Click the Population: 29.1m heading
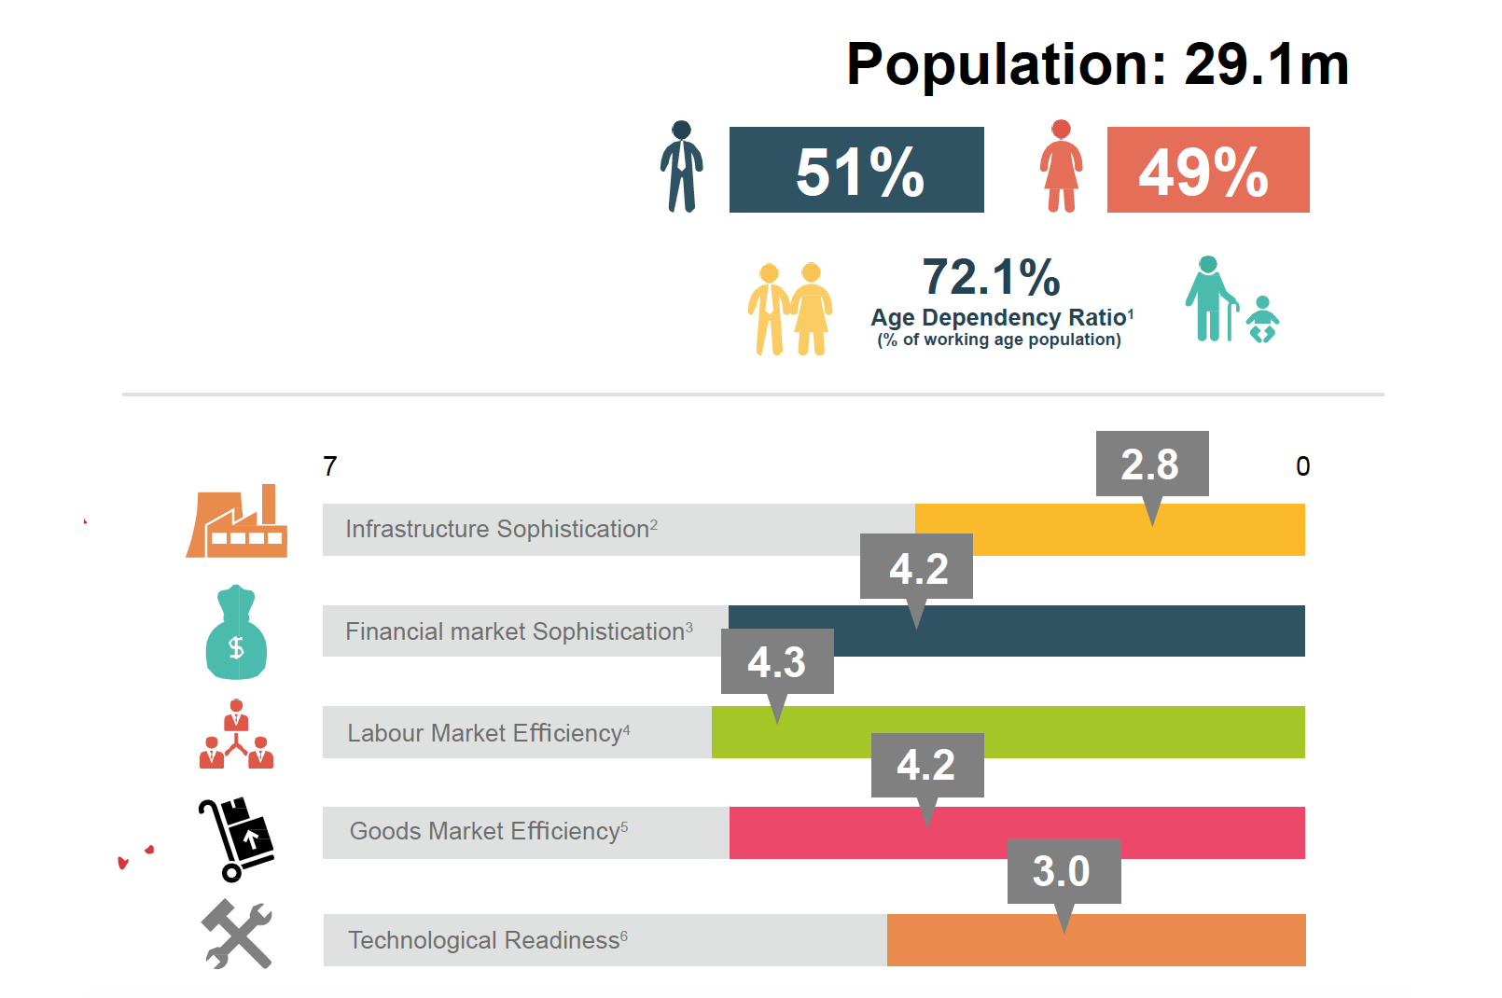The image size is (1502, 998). pyautogui.click(x=1097, y=65)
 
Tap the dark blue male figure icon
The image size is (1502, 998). pyautogui.click(x=682, y=167)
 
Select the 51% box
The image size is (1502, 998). pyautogui.click(x=855, y=170)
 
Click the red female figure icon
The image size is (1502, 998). pyautogui.click(x=1061, y=167)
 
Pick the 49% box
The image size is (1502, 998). pyautogui.click(x=1207, y=170)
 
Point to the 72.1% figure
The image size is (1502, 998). pyautogui.click(x=991, y=277)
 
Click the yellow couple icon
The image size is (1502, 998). pyautogui.click(x=789, y=309)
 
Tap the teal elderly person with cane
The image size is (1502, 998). pyautogui.click(x=1210, y=299)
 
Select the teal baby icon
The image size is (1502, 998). pyautogui.click(x=1262, y=320)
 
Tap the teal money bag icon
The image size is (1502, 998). pyautogui.click(x=236, y=633)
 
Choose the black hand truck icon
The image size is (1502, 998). pyautogui.click(x=236, y=839)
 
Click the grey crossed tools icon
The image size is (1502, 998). pyautogui.click(x=237, y=934)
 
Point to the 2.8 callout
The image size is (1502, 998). pyautogui.click(x=1151, y=464)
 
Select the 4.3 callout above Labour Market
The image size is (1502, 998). pyautogui.click(x=776, y=661)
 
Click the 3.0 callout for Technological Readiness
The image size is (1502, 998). pyautogui.click(x=1063, y=871)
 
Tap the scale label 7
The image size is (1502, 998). pyautogui.click(x=330, y=466)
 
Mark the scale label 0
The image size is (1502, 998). pyautogui.click(x=1302, y=466)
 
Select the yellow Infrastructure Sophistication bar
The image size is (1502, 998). pyautogui.click(x=1109, y=530)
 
